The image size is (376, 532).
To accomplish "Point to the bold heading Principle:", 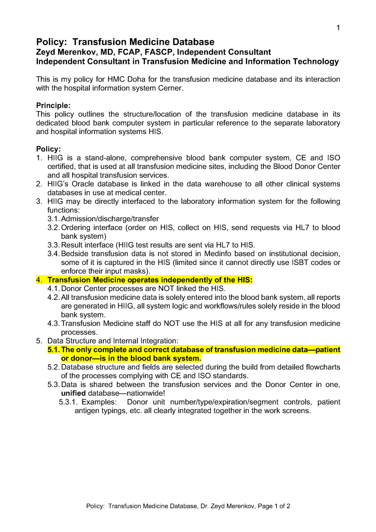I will [53, 105].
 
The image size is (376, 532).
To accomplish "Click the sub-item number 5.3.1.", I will [69, 402].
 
